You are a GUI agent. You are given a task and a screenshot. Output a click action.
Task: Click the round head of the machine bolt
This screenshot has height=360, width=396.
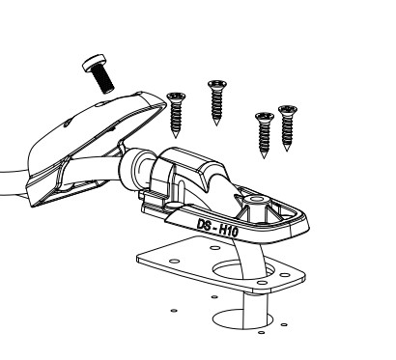click(94, 62)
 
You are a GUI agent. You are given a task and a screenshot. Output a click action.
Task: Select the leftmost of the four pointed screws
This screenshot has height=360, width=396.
click(176, 115)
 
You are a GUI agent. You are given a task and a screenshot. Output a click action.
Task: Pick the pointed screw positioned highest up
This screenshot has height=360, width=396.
click(217, 102)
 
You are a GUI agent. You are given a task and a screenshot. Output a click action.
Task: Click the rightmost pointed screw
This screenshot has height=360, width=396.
click(288, 127)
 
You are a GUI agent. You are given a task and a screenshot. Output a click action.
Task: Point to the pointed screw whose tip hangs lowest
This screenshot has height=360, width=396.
click(265, 135)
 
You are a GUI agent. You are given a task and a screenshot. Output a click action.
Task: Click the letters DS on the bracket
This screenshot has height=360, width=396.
click(205, 225)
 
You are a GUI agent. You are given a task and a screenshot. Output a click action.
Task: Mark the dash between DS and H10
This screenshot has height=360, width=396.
click(214, 228)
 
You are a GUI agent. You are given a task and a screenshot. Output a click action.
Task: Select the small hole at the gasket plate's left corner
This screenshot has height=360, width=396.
click(174, 261)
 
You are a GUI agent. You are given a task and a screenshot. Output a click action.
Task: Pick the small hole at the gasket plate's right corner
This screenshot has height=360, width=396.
click(285, 275)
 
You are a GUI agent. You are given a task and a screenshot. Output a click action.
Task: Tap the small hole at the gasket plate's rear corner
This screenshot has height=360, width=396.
click(214, 248)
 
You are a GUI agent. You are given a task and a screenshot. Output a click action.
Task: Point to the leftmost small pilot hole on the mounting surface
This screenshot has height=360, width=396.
click(174, 311)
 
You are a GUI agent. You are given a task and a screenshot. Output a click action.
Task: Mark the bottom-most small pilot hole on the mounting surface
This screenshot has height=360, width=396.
click(262, 333)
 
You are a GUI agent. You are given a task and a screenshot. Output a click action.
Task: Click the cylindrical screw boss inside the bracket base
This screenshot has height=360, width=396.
click(256, 205)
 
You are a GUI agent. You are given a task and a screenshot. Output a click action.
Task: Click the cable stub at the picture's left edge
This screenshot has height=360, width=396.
click(13, 183)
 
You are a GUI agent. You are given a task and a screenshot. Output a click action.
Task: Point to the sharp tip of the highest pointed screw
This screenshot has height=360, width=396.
click(216, 125)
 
